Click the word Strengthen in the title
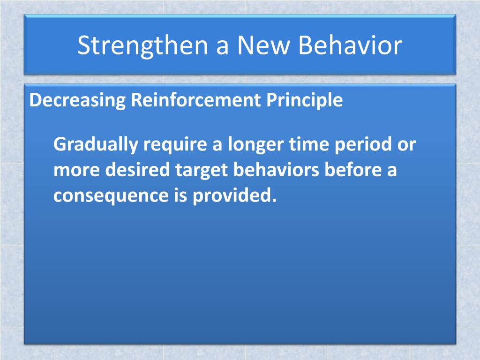143,46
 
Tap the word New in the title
263,45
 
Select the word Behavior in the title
350,45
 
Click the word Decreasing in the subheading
77,100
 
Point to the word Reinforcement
196,100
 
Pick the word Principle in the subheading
305,100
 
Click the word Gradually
96,144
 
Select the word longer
256,144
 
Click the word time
309,144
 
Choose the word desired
137,170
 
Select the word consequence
111,196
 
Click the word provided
234,195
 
